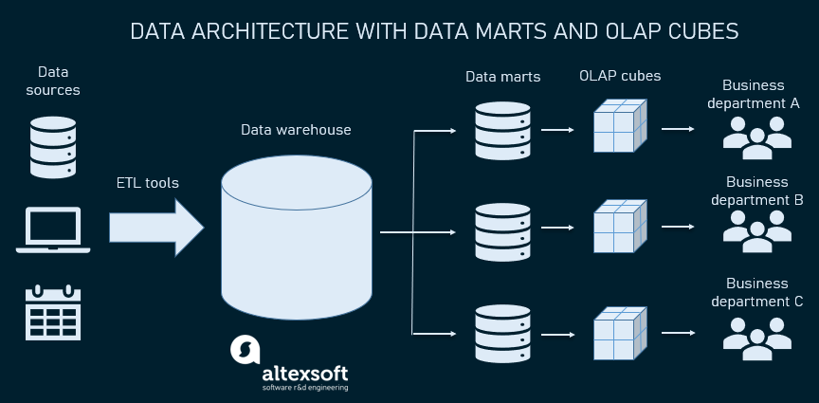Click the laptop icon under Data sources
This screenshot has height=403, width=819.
[53, 230]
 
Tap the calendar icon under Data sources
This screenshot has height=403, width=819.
[53, 312]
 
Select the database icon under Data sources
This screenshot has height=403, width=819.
[53, 147]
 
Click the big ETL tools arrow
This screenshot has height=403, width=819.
[156, 228]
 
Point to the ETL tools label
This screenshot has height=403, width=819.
[147, 183]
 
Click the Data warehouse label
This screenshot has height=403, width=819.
[296, 130]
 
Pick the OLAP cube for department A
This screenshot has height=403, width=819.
[620, 125]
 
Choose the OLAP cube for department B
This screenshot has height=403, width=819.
[620, 226]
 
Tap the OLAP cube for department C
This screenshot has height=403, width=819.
[620, 333]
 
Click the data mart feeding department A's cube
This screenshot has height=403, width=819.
[502, 130]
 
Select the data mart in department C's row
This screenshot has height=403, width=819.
[502, 334]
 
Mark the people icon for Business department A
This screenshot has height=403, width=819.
[756, 137]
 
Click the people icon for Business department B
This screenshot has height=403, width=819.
[756, 231]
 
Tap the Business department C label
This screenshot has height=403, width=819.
[756, 292]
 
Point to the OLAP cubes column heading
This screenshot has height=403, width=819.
[620, 76]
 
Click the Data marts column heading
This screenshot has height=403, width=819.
[503, 78]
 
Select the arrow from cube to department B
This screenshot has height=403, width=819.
[678, 227]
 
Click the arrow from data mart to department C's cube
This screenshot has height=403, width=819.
[557, 334]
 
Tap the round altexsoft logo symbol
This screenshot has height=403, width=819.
[245, 350]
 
